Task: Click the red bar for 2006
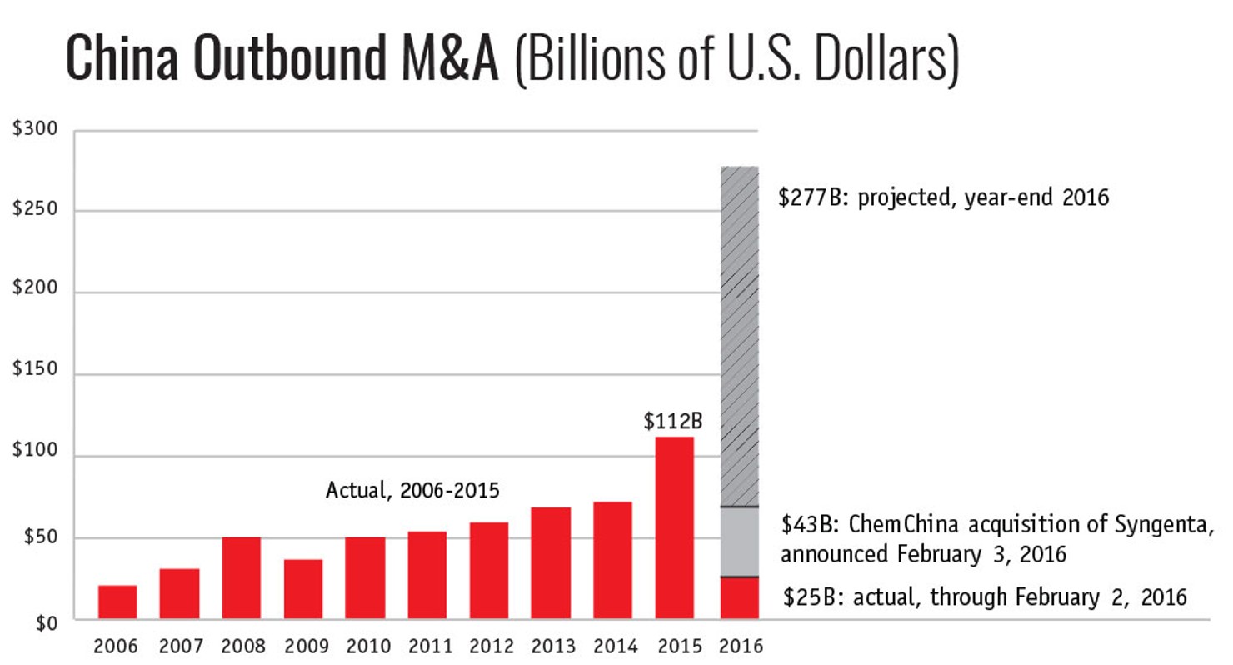pyautogui.click(x=117, y=602)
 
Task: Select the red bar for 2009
pyautogui.click(x=303, y=589)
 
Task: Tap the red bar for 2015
pyautogui.click(x=675, y=527)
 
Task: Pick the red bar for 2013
pyautogui.click(x=551, y=563)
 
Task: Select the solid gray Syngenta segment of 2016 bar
pyautogui.click(x=740, y=542)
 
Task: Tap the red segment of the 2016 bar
pyautogui.click(x=740, y=598)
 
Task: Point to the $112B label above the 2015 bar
pyautogui.click(x=673, y=422)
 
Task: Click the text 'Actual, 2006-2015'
pyautogui.click(x=412, y=490)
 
